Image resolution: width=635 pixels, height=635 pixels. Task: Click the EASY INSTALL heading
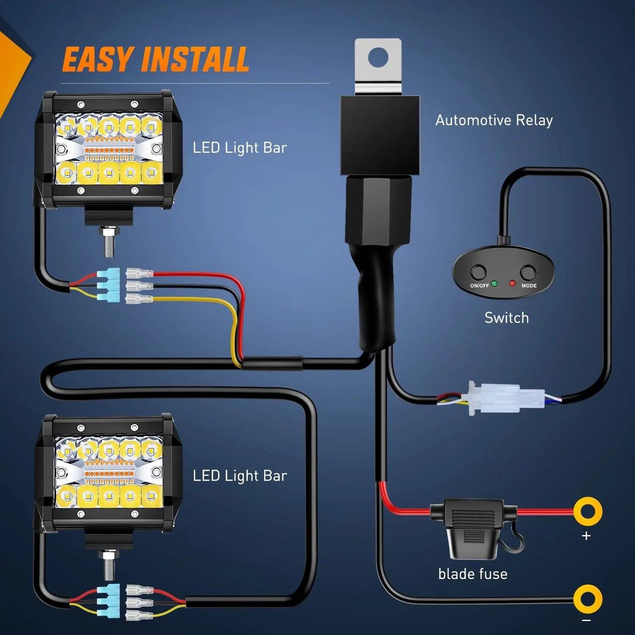click(155, 59)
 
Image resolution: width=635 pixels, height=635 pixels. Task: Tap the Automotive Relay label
click(494, 120)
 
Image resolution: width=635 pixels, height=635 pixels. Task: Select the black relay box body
click(380, 135)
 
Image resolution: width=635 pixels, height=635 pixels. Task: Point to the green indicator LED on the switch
click(494, 284)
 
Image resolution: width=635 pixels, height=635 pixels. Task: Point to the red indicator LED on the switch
click(512, 284)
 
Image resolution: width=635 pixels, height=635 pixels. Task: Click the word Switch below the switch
click(506, 318)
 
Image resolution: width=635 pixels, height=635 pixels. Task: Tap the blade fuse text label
click(473, 574)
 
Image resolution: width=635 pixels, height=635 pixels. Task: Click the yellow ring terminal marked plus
click(587, 511)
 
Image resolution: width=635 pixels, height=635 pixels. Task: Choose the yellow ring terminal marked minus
click(587, 599)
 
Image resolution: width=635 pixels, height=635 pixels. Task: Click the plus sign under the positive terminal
click(586, 536)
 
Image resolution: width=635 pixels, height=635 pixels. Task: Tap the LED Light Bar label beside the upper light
click(240, 148)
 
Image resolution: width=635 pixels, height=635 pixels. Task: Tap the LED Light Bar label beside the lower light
click(240, 475)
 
